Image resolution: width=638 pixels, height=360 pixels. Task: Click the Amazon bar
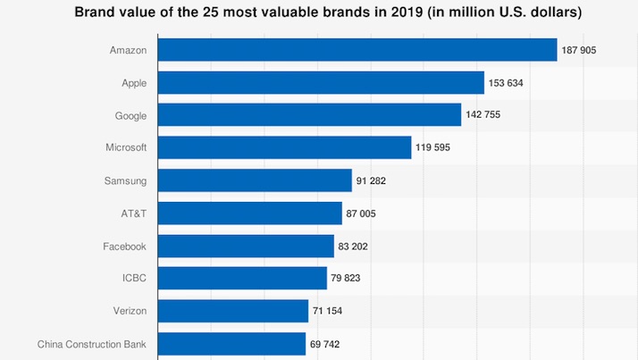click(x=357, y=50)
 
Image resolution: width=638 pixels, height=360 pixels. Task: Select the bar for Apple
click(x=321, y=82)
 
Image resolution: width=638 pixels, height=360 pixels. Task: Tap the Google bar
click(x=309, y=114)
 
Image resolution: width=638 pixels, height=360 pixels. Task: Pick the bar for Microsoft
click(x=284, y=147)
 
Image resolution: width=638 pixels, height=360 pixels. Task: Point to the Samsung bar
click(x=255, y=180)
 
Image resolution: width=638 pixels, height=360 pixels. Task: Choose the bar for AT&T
click(x=250, y=213)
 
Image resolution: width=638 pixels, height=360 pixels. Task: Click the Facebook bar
click(x=246, y=246)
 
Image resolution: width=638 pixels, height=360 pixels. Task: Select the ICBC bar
click(x=242, y=278)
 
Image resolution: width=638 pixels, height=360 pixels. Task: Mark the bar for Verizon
click(x=232, y=311)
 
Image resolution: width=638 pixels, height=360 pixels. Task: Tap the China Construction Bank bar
click(x=231, y=344)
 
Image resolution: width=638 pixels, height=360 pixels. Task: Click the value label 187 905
click(x=579, y=50)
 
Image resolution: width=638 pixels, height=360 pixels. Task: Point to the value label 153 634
click(x=506, y=83)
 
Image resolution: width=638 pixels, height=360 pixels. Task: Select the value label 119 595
click(x=432, y=147)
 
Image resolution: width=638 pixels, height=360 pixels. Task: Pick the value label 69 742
click(x=324, y=344)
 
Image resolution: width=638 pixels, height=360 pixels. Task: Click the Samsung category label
click(x=125, y=181)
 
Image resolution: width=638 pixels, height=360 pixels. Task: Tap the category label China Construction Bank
click(x=91, y=344)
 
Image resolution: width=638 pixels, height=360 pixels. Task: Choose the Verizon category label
click(x=130, y=311)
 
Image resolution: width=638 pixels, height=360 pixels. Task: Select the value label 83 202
click(x=353, y=247)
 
